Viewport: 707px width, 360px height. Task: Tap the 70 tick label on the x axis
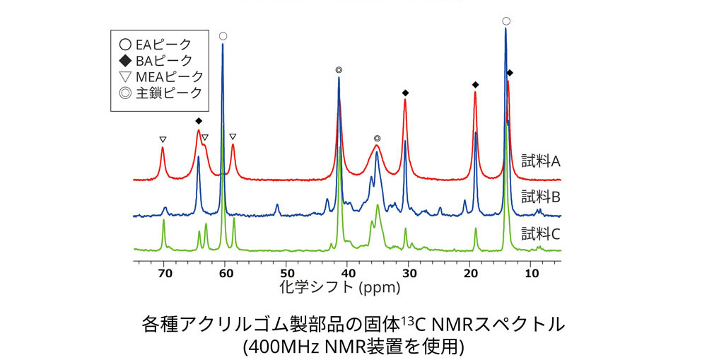point(163,272)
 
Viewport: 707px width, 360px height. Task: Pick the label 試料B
point(541,196)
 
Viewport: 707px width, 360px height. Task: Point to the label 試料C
point(541,232)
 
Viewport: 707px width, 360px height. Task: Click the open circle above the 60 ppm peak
point(223,35)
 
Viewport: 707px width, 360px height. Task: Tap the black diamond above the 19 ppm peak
point(475,85)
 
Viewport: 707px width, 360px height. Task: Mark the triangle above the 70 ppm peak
point(163,139)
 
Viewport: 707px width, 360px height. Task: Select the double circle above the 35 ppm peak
point(378,139)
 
